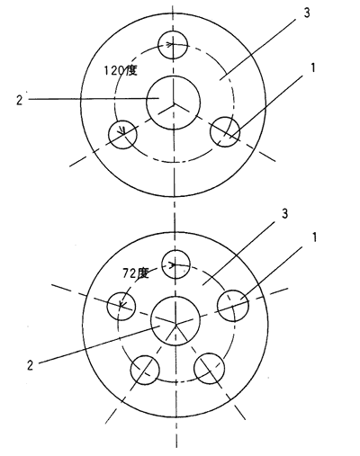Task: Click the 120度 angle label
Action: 121,71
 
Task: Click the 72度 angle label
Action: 136,273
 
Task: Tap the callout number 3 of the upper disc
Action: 307,13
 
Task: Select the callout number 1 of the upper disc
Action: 313,67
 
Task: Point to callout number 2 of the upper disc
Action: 19,100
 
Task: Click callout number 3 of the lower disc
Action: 284,213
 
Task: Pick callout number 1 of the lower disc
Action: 314,237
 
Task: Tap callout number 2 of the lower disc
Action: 30,365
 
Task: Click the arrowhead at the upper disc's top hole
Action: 170,45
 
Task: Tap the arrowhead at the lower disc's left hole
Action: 122,303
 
